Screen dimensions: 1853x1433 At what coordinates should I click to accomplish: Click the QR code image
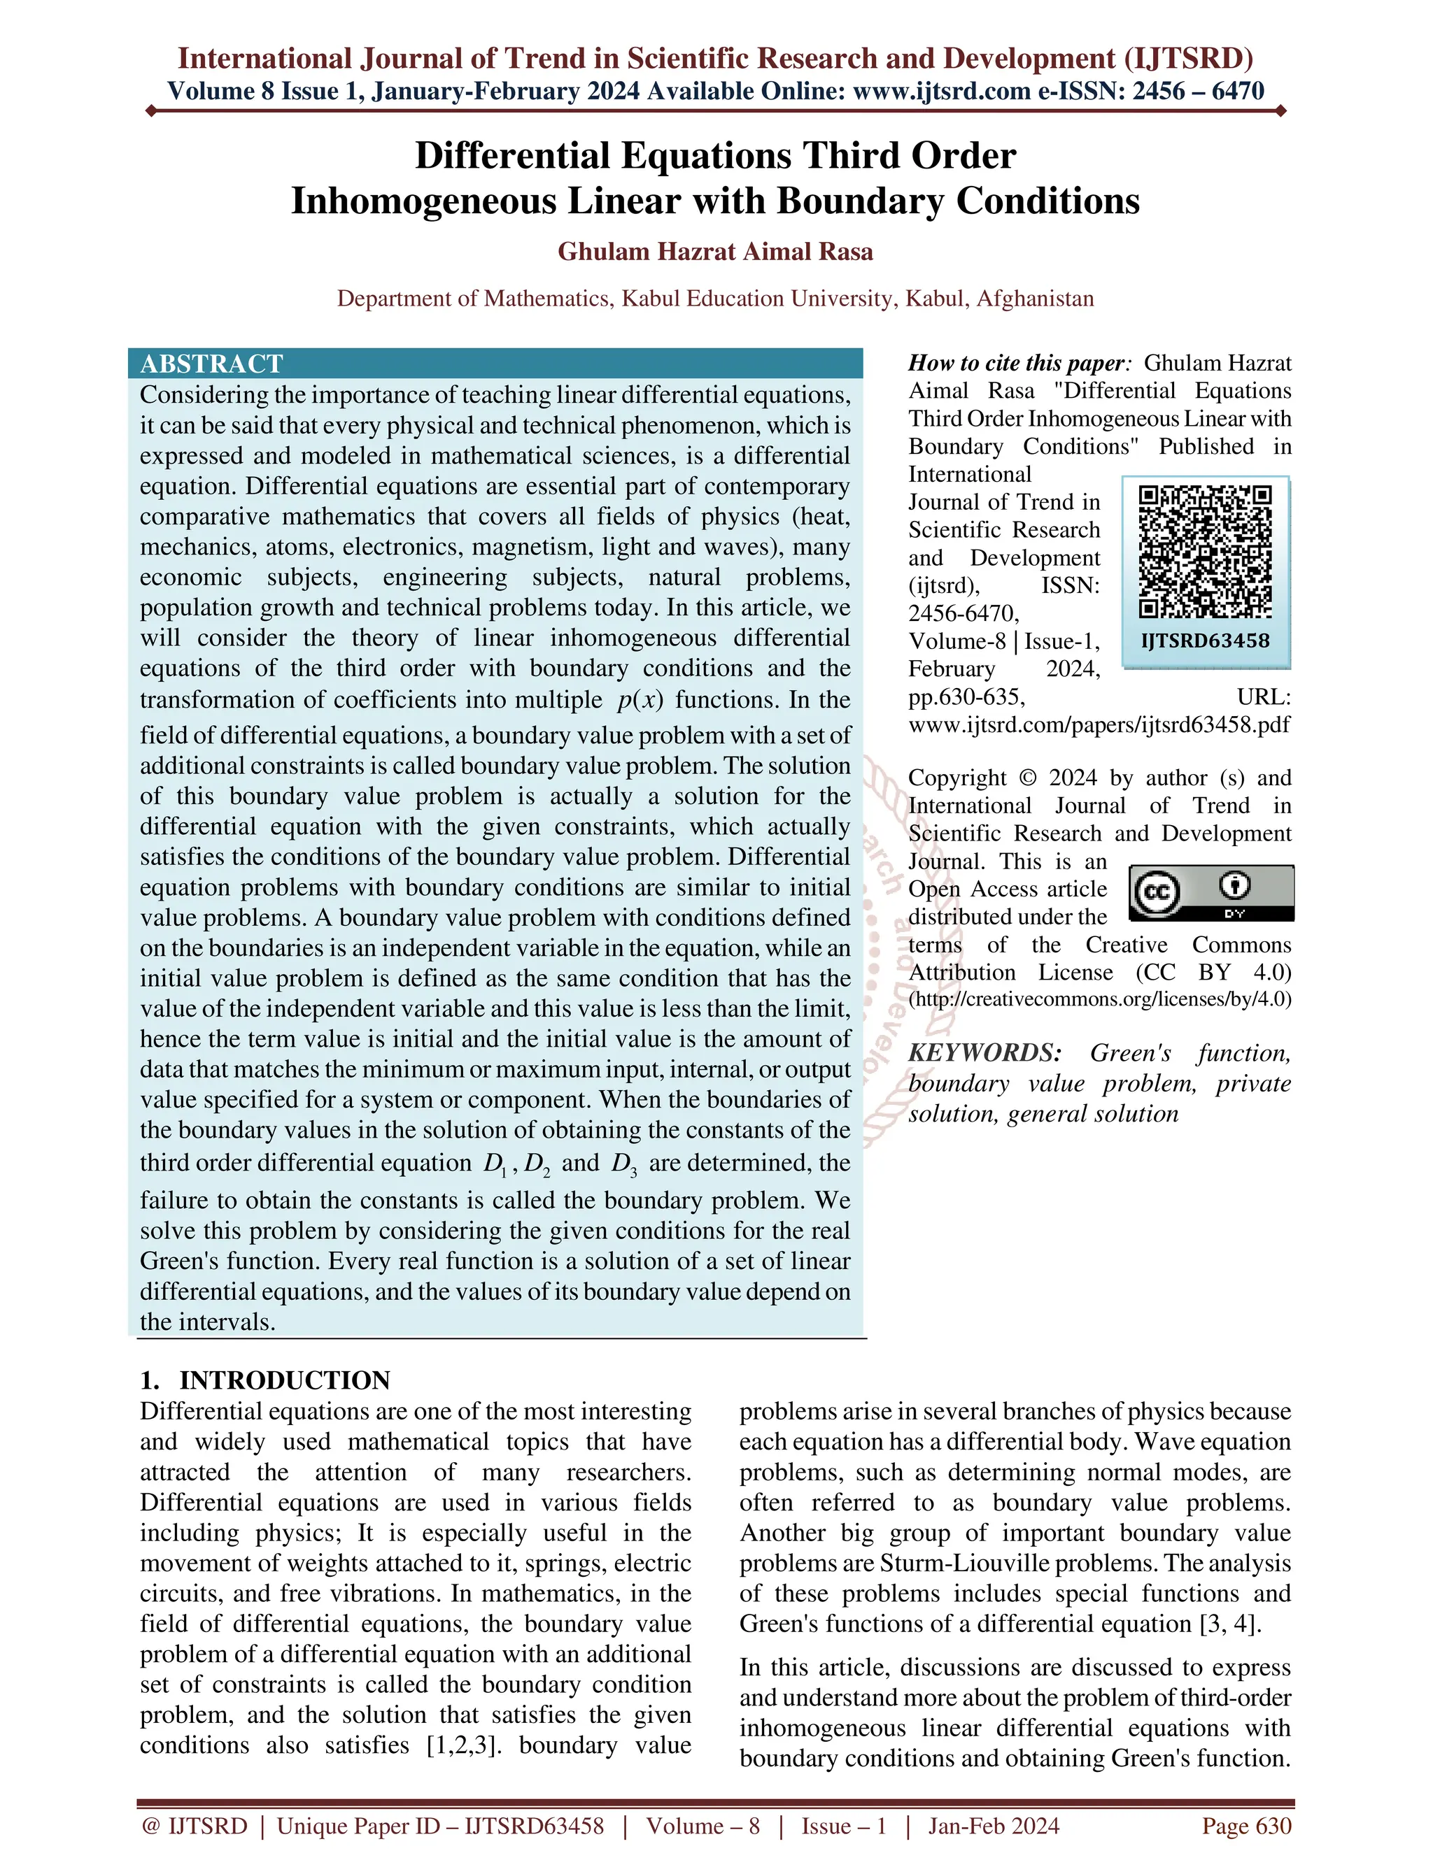tap(1205, 552)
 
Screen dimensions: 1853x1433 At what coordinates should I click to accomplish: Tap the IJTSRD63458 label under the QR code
tap(1206, 641)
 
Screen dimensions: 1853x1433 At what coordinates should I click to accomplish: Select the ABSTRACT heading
tap(211, 364)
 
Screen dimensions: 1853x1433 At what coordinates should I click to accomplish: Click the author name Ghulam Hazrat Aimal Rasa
tap(715, 252)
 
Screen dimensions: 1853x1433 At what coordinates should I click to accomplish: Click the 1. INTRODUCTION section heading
tap(265, 1380)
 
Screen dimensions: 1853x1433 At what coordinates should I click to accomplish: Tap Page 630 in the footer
tap(1246, 1826)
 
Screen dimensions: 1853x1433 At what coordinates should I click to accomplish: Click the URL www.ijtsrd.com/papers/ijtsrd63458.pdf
tap(1099, 724)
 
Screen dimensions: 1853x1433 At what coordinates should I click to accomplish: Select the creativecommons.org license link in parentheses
tap(1100, 999)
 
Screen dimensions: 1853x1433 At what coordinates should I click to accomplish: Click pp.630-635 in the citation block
tap(967, 696)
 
